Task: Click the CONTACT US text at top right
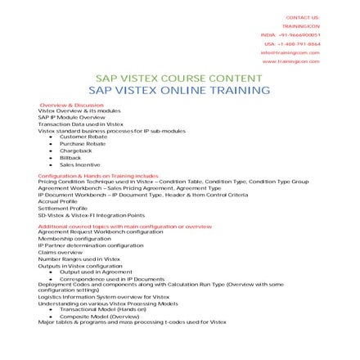click(304, 16)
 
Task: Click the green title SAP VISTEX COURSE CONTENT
click(179, 79)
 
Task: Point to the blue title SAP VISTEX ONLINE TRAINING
click(179, 90)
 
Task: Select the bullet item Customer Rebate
click(78, 136)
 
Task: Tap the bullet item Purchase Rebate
click(78, 143)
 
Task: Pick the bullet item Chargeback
click(75, 151)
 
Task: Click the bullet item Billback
click(71, 157)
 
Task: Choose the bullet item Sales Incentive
click(79, 164)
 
